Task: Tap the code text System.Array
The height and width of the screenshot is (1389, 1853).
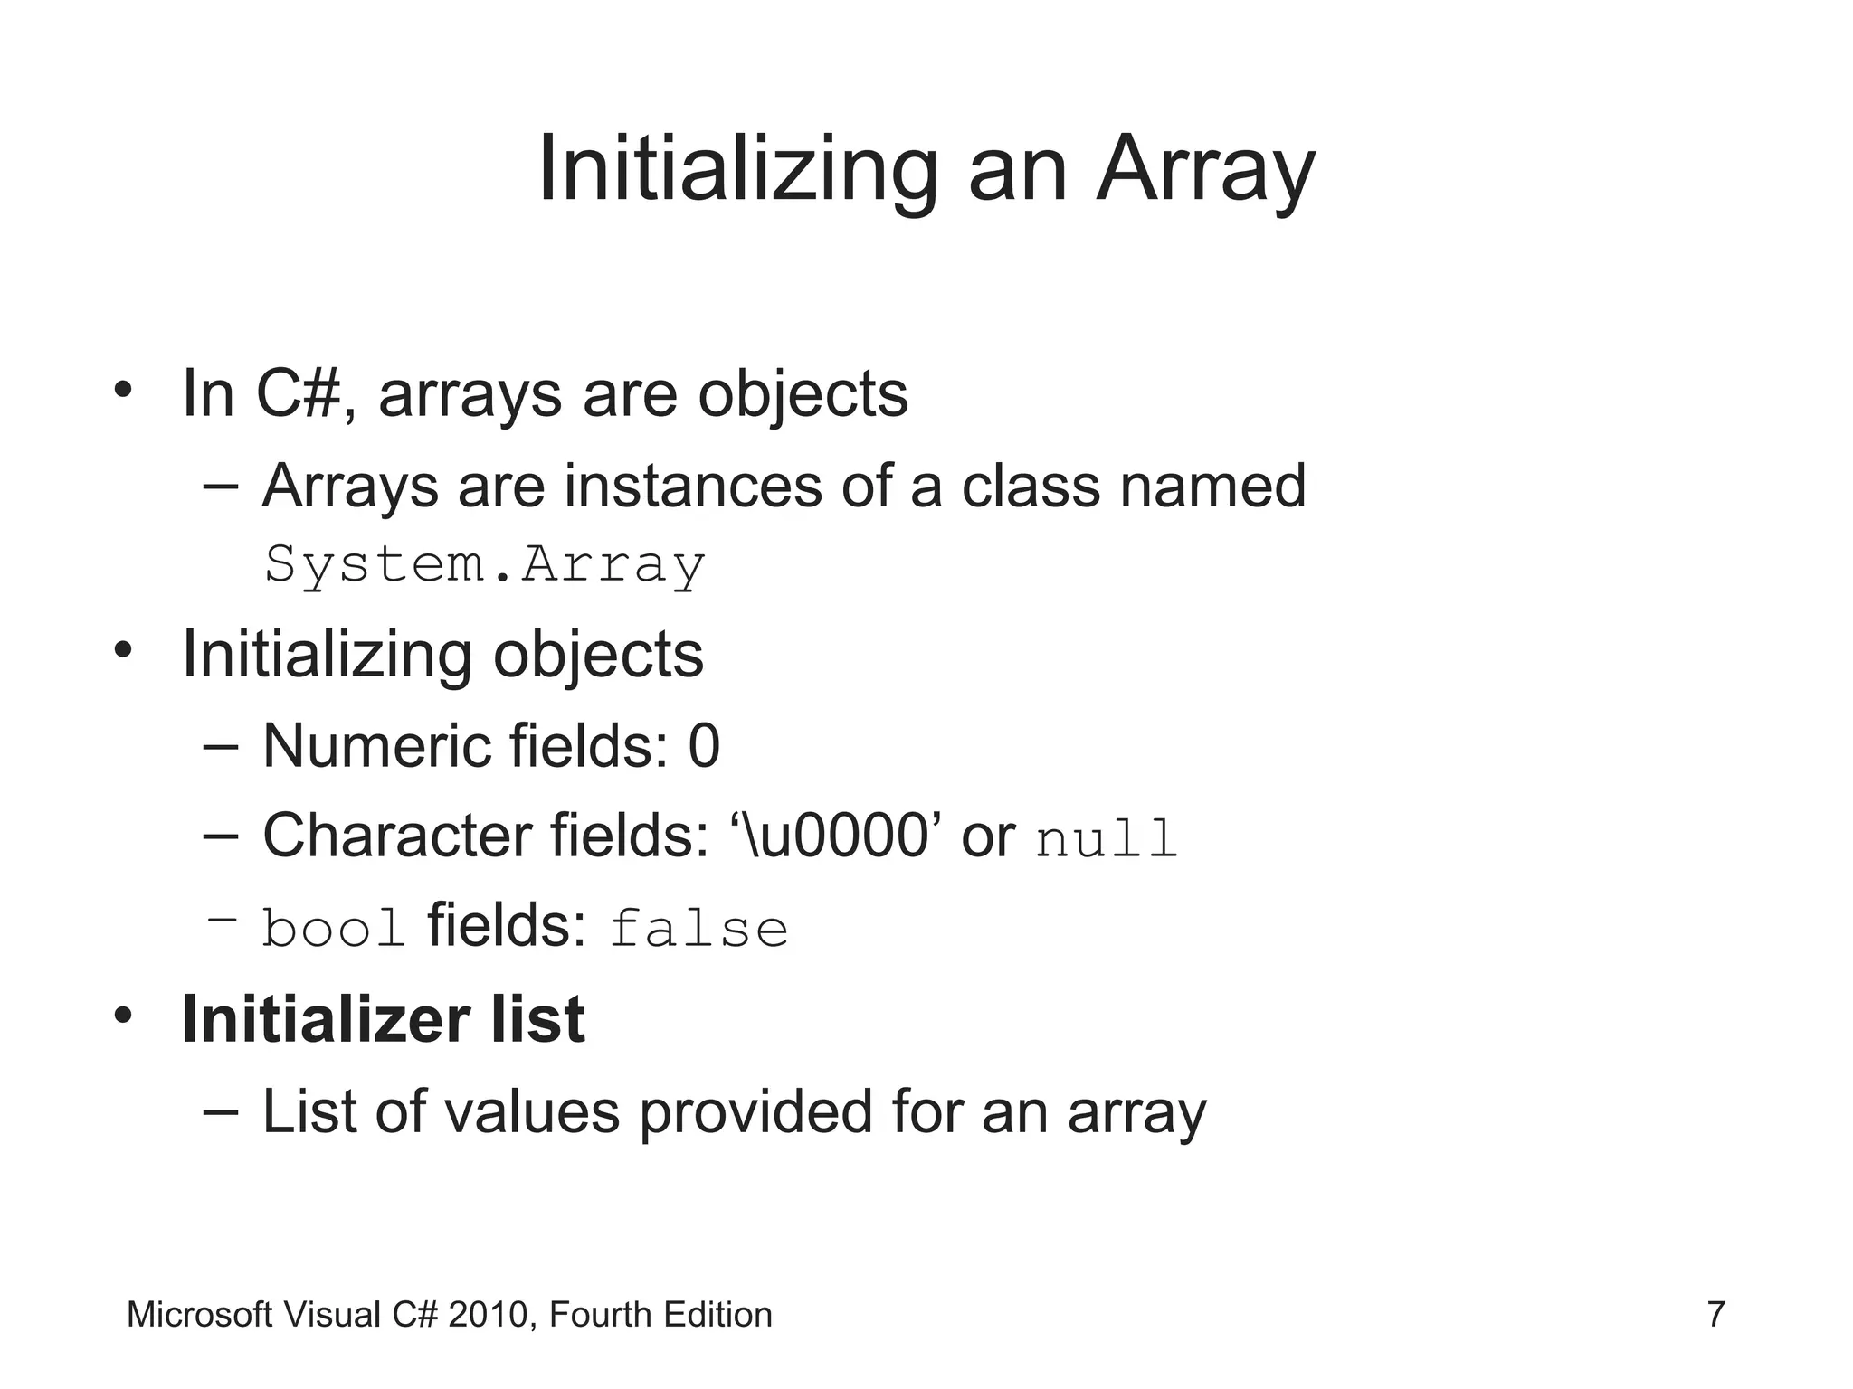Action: pyautogui.click(x=484, y=565)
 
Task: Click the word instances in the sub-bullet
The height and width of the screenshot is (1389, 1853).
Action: pyautogui.click(x=692, y=487)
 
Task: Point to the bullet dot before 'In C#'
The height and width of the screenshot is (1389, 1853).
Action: pyautogui.click(x=124, y=391)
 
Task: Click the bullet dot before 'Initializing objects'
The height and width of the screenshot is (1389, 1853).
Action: pyautogui.click(x=124, y=650)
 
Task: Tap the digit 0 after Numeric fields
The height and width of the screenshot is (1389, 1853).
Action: pyautogui.click(x=704, y=747)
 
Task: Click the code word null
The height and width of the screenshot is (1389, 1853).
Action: pyautogui.click(x=1106, y=838)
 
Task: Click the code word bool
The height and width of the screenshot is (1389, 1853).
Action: pyautogui.click(x=333, y=929)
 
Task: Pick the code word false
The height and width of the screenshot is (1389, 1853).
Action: pyautogui.click(x=698, y=929)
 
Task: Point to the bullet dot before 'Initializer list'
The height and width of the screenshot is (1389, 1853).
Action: pyautogui.click(x=124, y=1016)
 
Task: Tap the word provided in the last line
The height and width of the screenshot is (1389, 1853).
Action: pyautogui.click(x=754, y=1111)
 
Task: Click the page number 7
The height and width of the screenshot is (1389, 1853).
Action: pyautogui.click(x=1715, y=1315)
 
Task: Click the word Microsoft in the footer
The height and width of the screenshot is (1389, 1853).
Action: pyautogui.click(x=199, y=1315)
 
